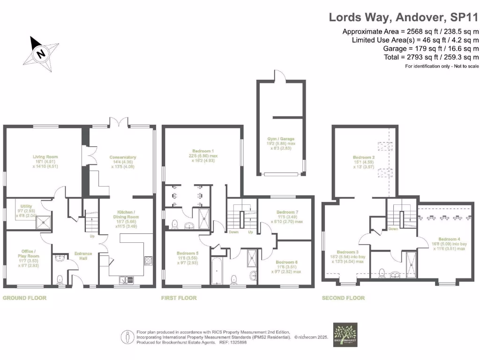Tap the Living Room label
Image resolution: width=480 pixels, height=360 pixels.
click(45, 157)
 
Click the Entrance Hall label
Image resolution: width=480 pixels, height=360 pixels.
click(83, 254)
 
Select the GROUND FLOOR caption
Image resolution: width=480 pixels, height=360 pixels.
click(25, 298)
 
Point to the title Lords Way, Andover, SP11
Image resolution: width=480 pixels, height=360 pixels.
click(403, 17)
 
